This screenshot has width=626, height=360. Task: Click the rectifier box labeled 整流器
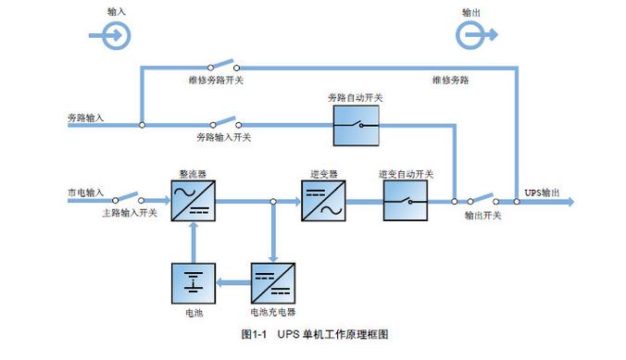194,200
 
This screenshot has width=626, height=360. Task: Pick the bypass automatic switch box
356,124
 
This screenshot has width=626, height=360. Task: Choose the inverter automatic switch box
406,200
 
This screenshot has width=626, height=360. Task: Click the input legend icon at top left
115,35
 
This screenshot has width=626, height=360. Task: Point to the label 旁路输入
86,118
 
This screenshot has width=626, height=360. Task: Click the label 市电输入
86,192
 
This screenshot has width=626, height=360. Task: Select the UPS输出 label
542,192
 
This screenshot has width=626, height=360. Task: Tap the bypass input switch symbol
221,121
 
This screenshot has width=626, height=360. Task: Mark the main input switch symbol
129,198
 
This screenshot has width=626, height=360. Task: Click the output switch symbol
482,198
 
